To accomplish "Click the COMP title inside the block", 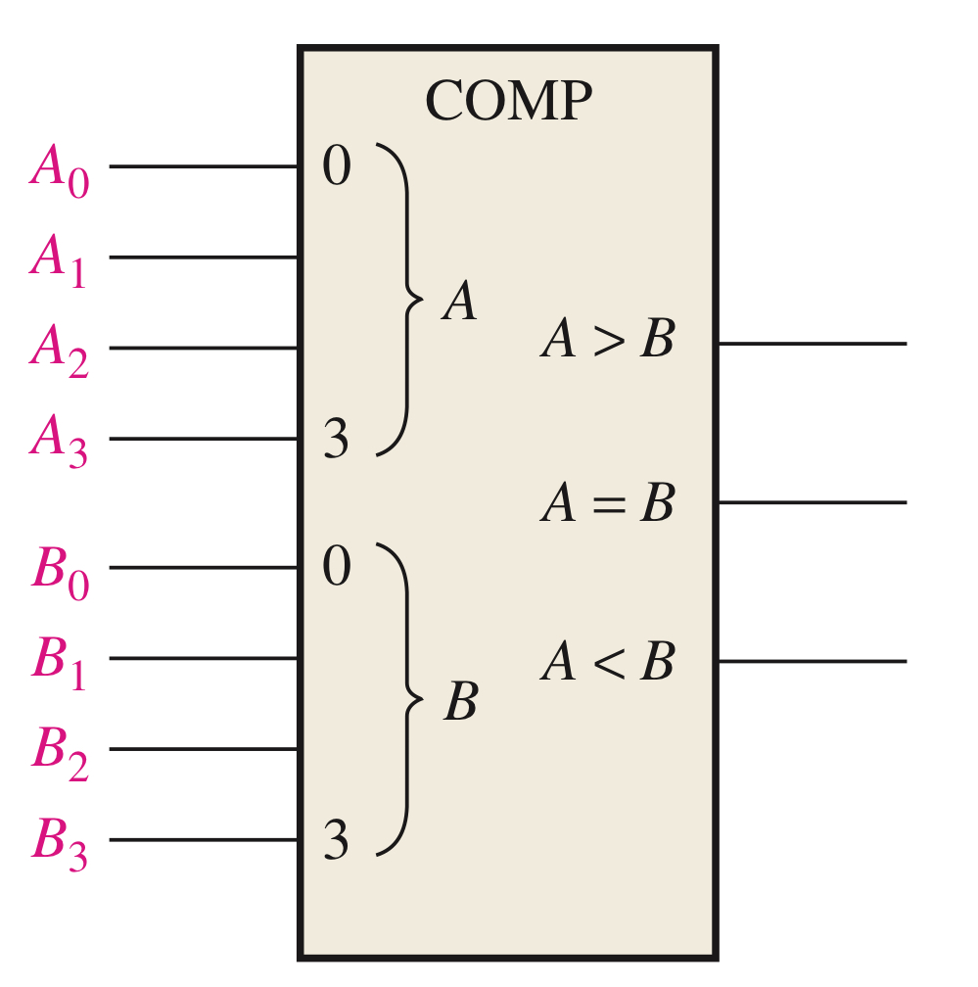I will point(509,101).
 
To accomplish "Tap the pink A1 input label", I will point(59,260).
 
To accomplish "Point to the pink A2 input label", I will point(60,351).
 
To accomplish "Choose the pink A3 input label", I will point(60,441).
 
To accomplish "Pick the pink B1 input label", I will point(60,661).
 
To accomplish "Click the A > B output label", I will point(608,342).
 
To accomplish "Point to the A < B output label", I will point(608,663).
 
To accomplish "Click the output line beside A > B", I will point(813,344).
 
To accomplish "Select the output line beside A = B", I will point(813,502).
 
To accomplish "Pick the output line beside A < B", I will point(813,661).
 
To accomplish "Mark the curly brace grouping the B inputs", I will point(403,698).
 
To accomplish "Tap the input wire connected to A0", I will point(204,166).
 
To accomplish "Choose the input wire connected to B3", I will point(204,840).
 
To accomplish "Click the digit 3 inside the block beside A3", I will point(336,440).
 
